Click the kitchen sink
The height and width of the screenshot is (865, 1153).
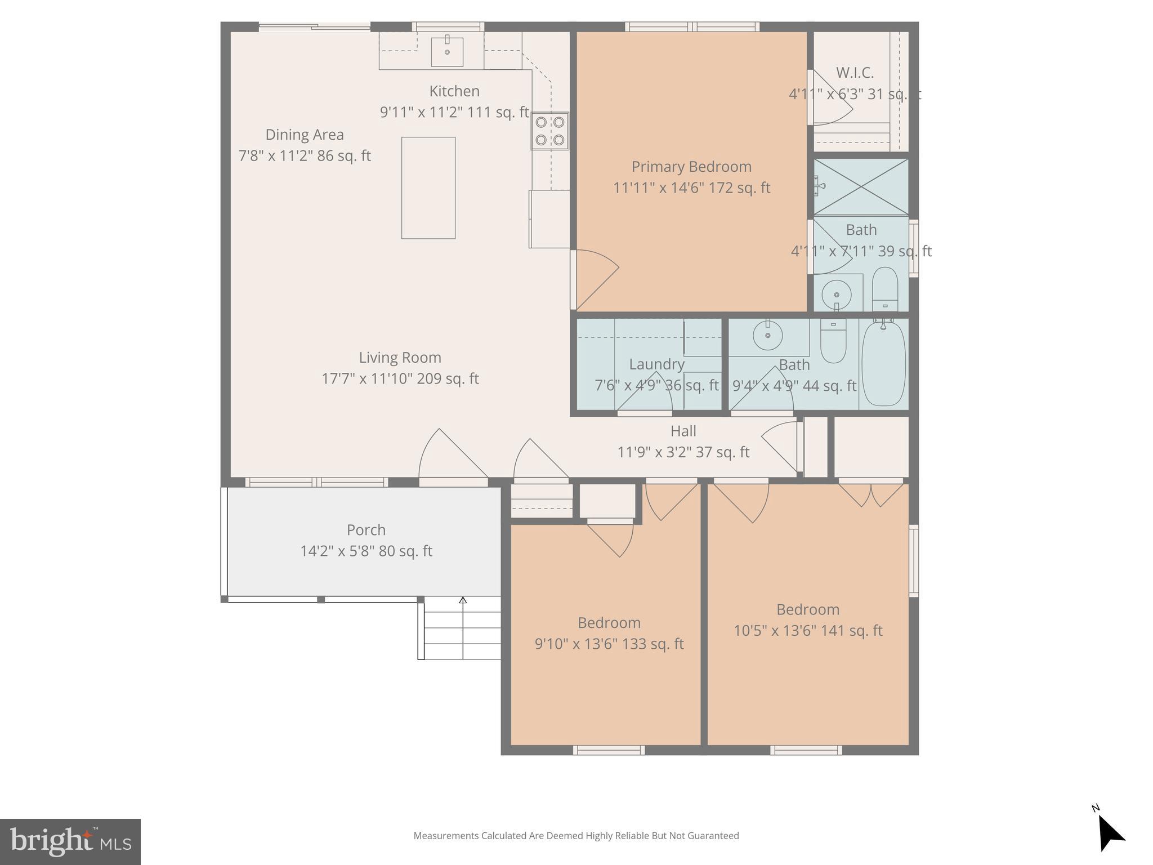point(447,52)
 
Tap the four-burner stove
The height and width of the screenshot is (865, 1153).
point(550,131)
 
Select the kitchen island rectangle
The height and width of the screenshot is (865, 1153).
point(428,188)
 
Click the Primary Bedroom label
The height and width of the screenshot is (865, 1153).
point(691,167)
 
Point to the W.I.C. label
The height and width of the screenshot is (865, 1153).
point(855,73)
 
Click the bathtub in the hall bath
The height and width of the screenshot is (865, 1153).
point(883,363)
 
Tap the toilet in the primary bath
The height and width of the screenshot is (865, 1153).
point(884,288)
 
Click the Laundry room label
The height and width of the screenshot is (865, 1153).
point(656,364)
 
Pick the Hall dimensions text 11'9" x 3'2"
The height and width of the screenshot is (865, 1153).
point(683,452)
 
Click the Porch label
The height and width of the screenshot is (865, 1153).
point(366,530)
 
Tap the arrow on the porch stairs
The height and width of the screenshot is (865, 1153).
point(463,601)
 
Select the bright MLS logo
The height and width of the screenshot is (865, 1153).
point(70,841)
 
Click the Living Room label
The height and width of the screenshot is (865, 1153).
point(400,358)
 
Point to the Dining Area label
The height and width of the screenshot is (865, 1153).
point(305,135)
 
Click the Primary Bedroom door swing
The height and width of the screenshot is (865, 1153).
point(596,279)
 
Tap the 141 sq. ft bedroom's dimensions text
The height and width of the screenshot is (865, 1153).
point(807,631)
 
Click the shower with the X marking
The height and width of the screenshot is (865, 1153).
point(861,187)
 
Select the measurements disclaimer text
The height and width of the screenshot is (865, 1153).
point(576,836)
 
